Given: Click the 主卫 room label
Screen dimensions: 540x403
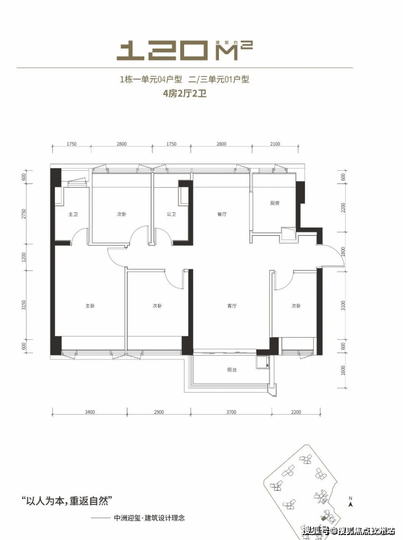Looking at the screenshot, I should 73,215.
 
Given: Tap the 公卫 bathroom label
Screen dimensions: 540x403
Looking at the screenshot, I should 172,215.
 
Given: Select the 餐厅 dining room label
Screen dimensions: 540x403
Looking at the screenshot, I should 221,215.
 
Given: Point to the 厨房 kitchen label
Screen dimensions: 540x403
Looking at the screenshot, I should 274,203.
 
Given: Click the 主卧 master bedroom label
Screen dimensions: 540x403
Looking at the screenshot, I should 90,306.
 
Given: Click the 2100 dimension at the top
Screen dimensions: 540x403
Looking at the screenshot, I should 274,144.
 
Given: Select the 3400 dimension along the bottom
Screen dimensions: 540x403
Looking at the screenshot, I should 90,412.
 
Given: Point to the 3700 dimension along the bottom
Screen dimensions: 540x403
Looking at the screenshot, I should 231,412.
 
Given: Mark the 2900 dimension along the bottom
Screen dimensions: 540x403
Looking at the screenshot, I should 158,412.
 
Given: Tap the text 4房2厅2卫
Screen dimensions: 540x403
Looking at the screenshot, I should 185,93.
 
